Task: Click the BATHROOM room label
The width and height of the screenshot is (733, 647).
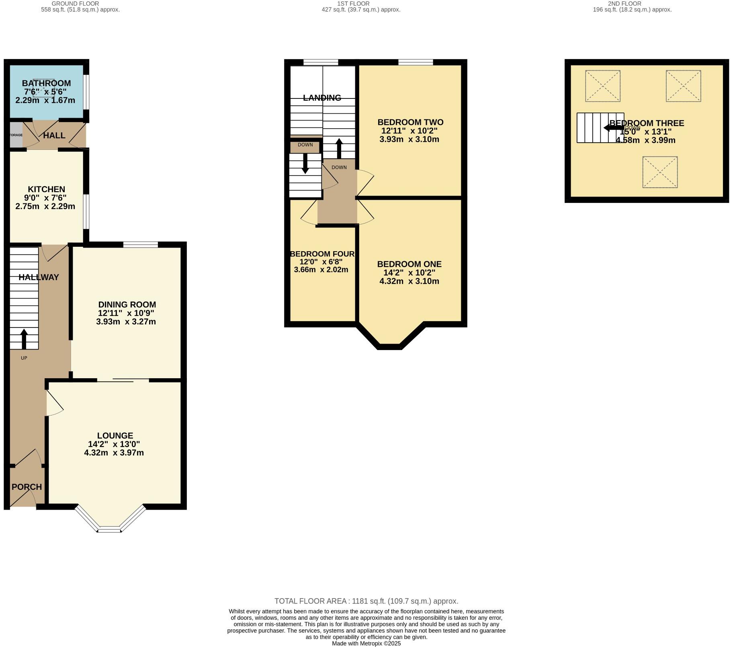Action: click(46, 83)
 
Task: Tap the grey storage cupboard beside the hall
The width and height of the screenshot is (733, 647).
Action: click(16, 135)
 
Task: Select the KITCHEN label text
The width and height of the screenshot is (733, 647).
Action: click(46, 189)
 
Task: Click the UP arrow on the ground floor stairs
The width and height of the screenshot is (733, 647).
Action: click(24, 339)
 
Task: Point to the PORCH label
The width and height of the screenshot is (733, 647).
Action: click(27, 487)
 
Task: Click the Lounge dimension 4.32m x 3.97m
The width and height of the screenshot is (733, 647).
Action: click(114, 453)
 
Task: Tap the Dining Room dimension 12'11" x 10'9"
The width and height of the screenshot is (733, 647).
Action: click(126, 313)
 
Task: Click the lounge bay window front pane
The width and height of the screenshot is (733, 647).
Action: click(110, 530)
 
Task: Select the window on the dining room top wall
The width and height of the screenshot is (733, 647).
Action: click(141, 244)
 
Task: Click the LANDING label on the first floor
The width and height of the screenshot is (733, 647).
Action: click(322, 98)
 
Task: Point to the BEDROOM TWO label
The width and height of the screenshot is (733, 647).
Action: click(410, 122)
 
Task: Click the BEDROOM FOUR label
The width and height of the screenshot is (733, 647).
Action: click(322, 254)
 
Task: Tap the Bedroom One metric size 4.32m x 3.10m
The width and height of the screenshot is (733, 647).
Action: click(409, 281)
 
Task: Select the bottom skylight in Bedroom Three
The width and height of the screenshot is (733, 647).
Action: click(660, 172)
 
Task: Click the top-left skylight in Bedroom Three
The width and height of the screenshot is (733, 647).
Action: click(602, 86)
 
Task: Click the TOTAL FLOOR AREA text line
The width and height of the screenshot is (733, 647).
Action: click(366, 601)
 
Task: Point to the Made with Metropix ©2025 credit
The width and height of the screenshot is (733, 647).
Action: click(366, 643)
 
